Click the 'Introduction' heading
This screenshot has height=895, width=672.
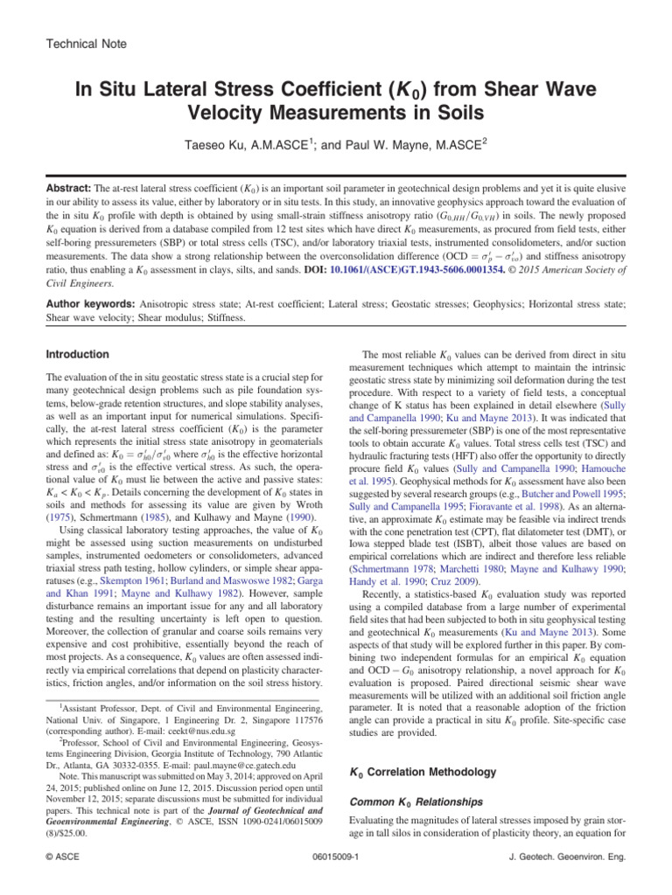[x=76, y=355]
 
